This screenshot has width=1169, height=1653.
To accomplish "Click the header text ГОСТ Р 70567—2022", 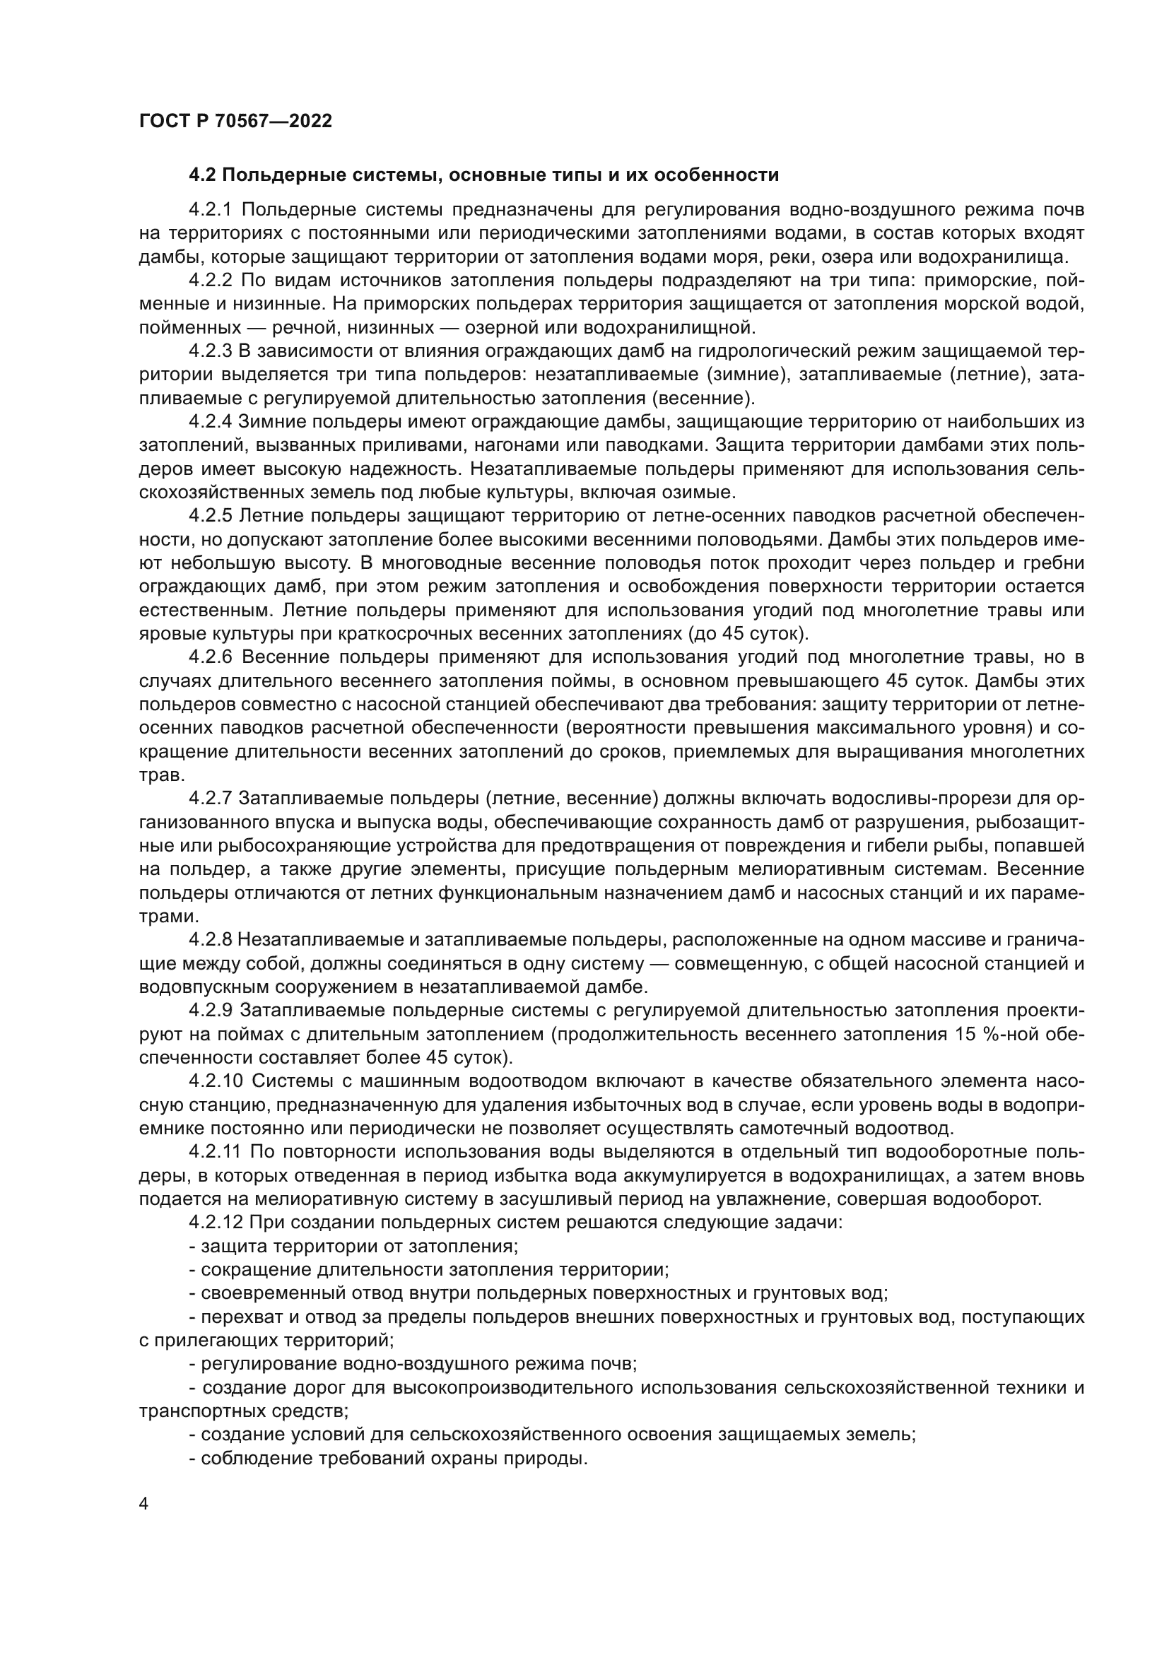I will coord(235,122).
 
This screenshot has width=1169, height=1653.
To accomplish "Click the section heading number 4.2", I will coord(202,175).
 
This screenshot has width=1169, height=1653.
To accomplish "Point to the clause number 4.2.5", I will coord(210,516).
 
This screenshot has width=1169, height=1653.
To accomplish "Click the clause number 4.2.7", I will coord(210,799).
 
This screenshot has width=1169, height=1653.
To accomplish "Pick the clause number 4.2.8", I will coord(210,940).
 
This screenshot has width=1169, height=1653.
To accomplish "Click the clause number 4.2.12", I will coord(216,1223).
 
